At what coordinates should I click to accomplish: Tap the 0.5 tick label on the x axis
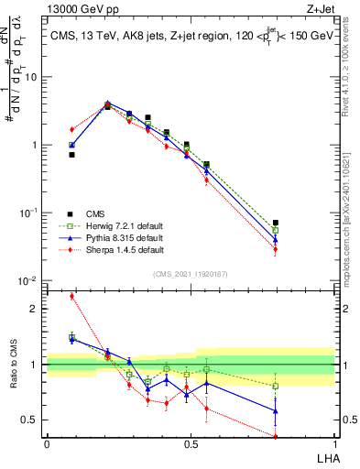[x=191, y=444]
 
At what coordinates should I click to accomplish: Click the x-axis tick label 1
[x=335, y=444]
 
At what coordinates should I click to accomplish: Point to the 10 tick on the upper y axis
[x=32, y=77]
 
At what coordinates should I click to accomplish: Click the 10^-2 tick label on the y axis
[x=30, y=281]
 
